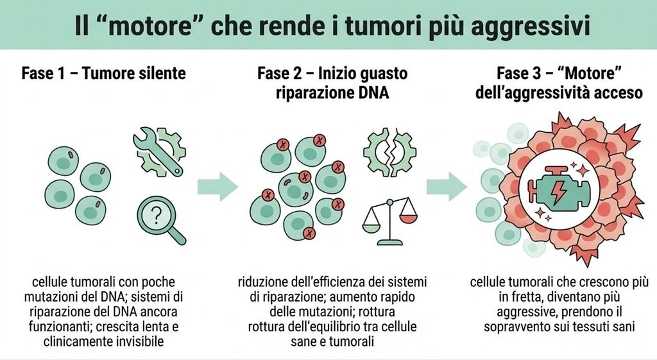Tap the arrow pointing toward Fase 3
447,186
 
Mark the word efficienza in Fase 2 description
341,282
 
